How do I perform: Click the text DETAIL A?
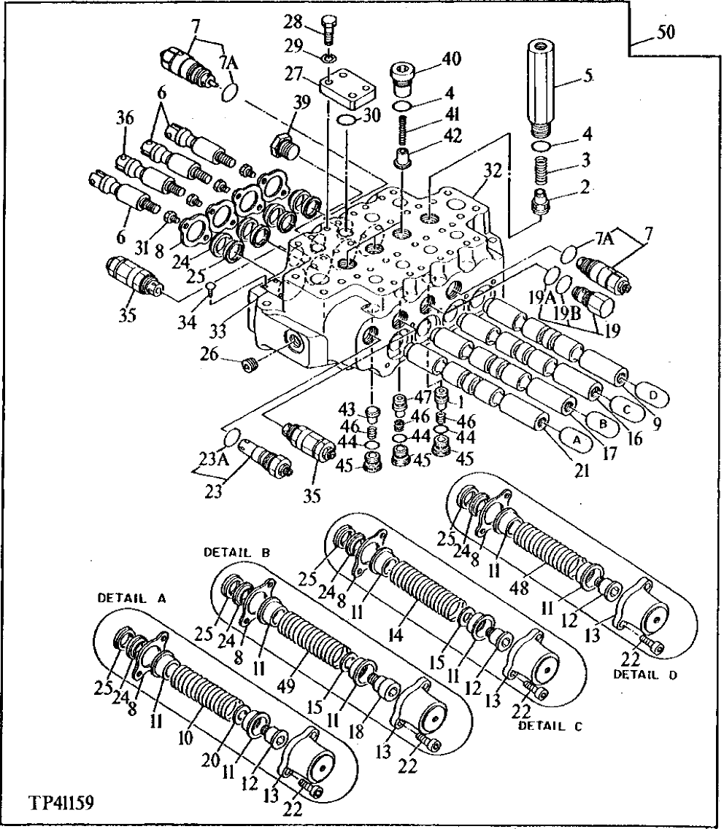pos(132,597)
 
